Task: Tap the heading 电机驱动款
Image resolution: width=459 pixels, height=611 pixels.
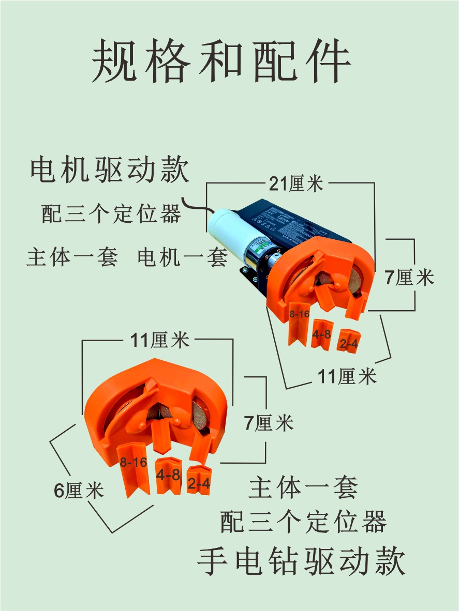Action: point(110,170)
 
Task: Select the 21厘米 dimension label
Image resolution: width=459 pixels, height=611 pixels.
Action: point(296,183)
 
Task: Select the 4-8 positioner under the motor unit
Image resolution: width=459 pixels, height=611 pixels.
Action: point(321,335)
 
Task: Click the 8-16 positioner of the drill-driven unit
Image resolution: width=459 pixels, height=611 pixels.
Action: point(134,468)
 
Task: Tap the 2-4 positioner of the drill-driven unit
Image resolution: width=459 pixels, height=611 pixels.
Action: point(199,481)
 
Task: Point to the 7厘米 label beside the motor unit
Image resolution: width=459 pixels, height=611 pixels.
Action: point(409,278)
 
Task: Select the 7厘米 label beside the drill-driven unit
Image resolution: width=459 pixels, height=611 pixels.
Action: point(269,423)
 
